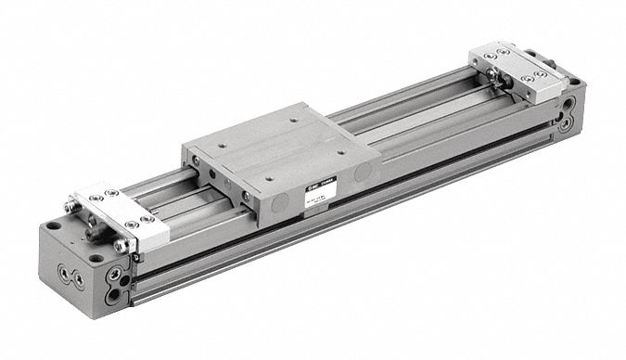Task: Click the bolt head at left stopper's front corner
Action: tap(121, 244)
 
